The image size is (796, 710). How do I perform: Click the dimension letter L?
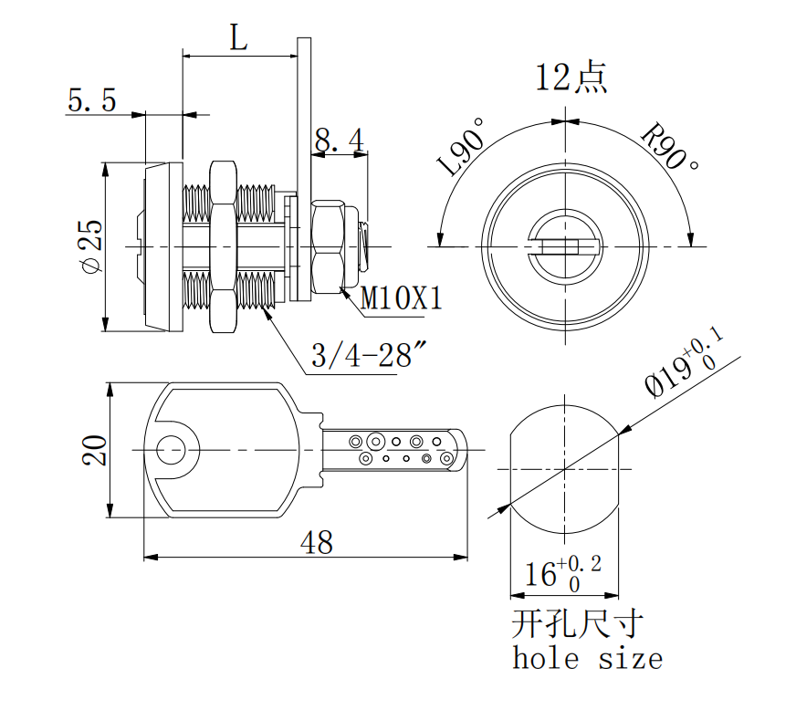pos(237,37)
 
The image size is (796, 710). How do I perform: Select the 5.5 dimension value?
pos(91,100)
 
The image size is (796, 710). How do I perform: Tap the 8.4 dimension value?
pos(339,141)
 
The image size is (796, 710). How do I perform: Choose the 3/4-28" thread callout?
pos(369,355)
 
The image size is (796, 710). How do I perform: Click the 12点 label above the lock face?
pos(571,78)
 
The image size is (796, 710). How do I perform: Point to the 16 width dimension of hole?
pos(562,574)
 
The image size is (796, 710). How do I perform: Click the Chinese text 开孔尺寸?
pos(577,624)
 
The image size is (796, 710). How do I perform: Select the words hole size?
pos(587,658)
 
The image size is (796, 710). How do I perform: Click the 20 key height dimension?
pos(95,450)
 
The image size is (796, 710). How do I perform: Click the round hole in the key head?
pos(171,449)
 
